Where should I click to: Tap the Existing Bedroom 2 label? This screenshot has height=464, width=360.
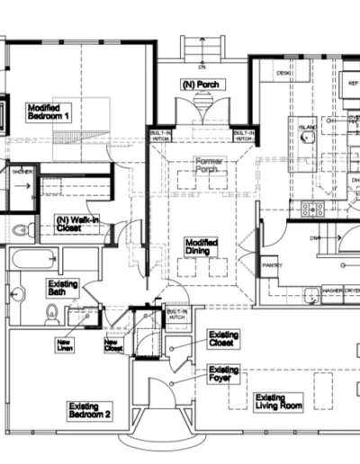[x=89, y=411]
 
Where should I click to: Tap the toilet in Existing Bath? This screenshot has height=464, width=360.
[x=53, y=314]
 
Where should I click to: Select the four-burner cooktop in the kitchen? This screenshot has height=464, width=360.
[x=312, y=210]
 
